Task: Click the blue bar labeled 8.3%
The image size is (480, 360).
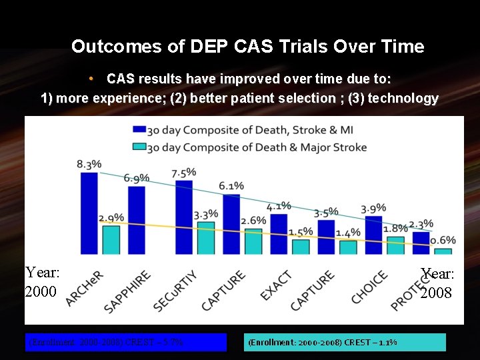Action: (88, 213)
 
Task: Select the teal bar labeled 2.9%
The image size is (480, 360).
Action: (111, 239)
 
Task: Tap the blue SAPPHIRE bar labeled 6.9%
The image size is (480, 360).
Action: (136, 219)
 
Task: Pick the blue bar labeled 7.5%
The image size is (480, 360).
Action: (183, 217)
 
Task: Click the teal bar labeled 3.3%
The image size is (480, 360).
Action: (206, 237)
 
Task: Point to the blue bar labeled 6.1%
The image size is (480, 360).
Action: (231, 223)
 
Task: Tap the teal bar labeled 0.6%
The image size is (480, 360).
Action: (443, 251)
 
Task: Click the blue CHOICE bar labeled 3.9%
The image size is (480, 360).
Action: (373, 235)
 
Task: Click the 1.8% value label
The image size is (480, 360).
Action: (395, 229)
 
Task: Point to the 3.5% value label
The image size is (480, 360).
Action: (325, 213)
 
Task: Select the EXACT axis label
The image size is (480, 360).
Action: (276, 285)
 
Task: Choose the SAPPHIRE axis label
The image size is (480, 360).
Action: (127, 291)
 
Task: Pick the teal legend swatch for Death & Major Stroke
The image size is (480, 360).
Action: (139, 147)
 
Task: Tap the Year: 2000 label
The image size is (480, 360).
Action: (43, 282)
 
